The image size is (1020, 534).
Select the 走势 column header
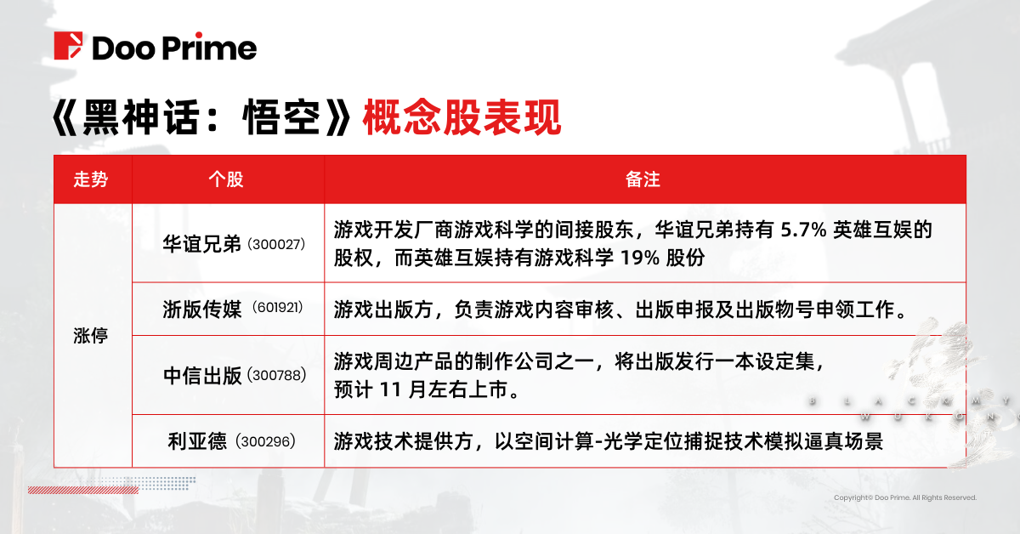92,180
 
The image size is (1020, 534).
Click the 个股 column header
227,180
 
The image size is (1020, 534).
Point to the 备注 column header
643,180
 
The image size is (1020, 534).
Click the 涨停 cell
92,335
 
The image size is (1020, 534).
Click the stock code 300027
275,245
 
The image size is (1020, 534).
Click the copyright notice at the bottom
904,497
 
